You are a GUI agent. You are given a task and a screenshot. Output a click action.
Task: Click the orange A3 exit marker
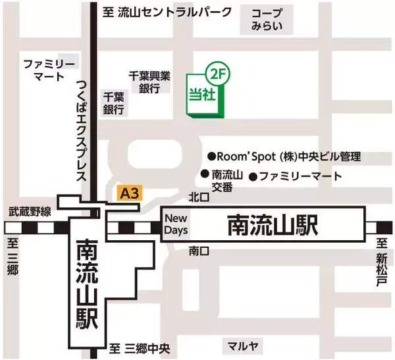(x=129, y=193)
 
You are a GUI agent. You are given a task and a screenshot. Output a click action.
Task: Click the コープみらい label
(x=267, y=20)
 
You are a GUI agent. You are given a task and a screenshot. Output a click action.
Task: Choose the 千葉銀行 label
(x=113, y=103)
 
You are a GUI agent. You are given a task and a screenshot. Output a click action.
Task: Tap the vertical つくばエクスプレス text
(x=82, y=128)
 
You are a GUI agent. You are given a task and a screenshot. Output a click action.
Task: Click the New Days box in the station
(x=176, y=224)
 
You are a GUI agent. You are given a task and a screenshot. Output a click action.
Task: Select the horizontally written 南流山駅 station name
(x=273, y=225)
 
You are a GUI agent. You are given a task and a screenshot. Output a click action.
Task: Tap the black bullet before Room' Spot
(x=211, y=157)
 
